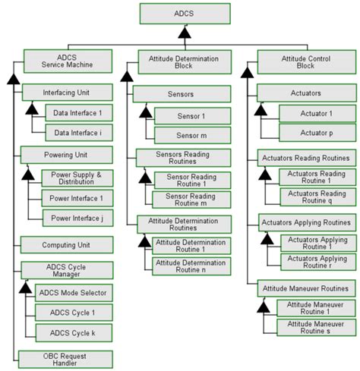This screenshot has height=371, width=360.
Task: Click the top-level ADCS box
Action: point(184,13)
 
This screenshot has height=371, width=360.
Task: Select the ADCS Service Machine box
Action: point(68,61)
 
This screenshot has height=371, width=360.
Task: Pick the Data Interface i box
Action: point(77,134)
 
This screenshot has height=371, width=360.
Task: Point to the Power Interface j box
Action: point(77,219)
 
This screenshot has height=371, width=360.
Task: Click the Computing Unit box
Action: point(67,245)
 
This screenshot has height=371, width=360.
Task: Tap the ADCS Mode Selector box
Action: point(77,293)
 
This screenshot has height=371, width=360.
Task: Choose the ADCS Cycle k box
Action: point(73,332)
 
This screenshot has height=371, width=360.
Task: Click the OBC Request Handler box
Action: point(67,359)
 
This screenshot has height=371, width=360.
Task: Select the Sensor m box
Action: point(188,135)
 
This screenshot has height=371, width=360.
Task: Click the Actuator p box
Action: point(316,133)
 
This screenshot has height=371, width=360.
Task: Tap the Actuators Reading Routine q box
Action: point(316,197)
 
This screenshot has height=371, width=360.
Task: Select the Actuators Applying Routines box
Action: point(305,223)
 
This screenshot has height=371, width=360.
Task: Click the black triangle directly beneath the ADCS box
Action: point(184,33)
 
